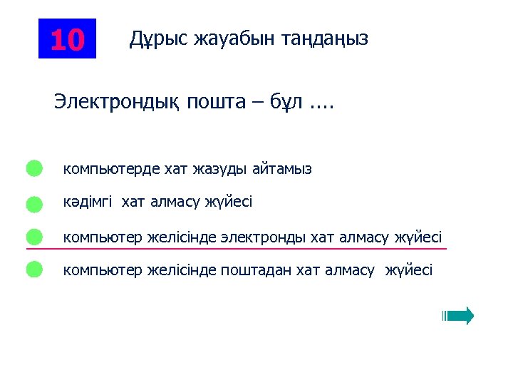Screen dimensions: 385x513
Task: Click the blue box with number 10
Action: click(x=67, y=38)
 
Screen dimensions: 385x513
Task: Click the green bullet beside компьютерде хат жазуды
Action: click(x=34, y=169)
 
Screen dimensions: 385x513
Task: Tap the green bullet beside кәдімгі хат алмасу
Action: click(x=34, y=204)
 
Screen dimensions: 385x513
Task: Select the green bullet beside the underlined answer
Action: click(x=34, y=237)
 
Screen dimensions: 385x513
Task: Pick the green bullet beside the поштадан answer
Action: click(x=34, y=269)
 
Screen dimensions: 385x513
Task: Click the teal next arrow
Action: click(x=458, y=316)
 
